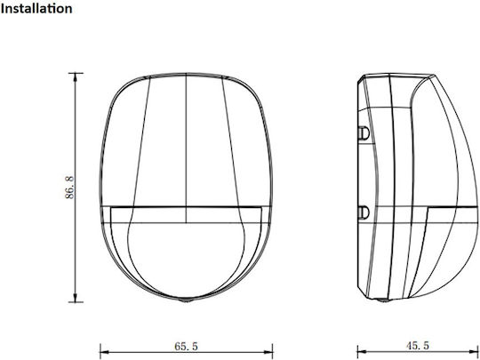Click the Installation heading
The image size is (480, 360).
click(x=36, y=9)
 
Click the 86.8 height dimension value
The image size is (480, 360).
click(x=69, y=188)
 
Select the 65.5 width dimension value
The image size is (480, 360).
click(x=186, y=347)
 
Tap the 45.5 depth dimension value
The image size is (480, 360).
click(x=418, y=346)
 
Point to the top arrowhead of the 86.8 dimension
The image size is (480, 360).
click(x=76, y=77)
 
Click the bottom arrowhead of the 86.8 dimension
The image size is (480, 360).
click(x=76, y=298)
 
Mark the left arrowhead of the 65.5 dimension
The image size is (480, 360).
click(x=105, y=353)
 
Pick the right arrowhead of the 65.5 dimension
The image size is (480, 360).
click(x=268, y=353)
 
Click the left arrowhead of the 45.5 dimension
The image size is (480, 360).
click(x=362, y=352)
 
